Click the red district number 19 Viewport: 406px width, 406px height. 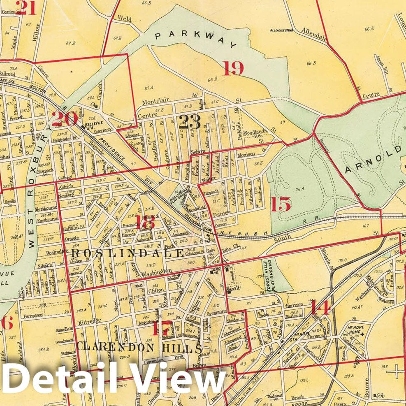[x=233, y=68]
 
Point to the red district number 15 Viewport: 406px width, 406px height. [x=281, y=204]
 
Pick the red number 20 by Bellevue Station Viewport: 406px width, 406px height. [x=65, y=119]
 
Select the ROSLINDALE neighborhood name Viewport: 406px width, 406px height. [x=127, y=253]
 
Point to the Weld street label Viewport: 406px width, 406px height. [x=124, y=18]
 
